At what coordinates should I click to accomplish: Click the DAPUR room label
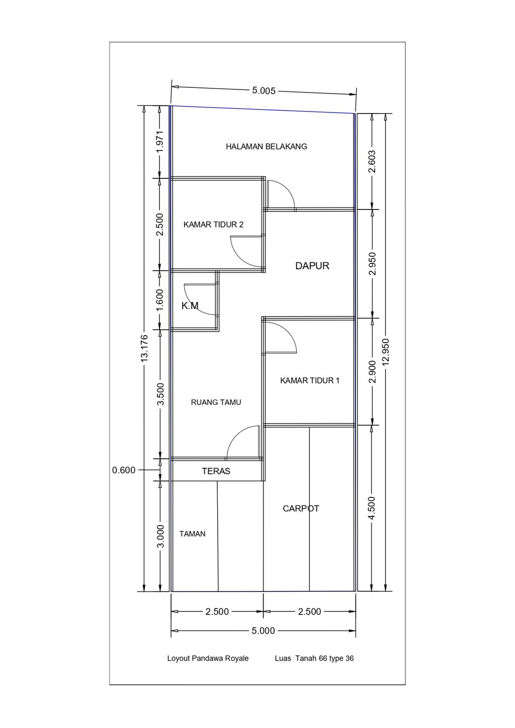312,266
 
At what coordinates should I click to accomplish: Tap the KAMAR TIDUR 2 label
213,225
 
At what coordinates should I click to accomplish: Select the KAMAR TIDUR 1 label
310,380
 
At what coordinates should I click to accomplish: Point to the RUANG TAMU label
216,402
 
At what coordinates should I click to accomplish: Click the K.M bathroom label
190,305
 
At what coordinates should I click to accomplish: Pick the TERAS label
216,471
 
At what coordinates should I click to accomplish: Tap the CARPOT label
301,508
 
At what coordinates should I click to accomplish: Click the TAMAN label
192,534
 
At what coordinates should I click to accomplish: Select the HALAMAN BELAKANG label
267,147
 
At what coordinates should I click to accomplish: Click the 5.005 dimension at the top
264,90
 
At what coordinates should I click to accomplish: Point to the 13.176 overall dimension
144,348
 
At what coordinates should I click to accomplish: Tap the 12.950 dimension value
386,352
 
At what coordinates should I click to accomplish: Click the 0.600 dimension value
124,470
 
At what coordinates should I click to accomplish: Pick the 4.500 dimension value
373,508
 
